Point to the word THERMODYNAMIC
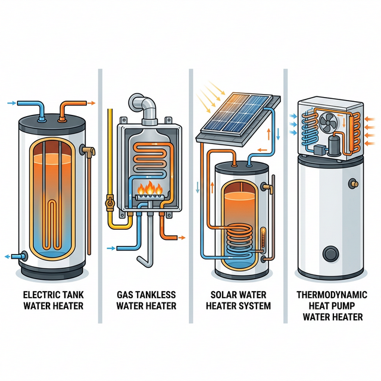[332, 294]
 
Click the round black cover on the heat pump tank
[330, 254]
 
